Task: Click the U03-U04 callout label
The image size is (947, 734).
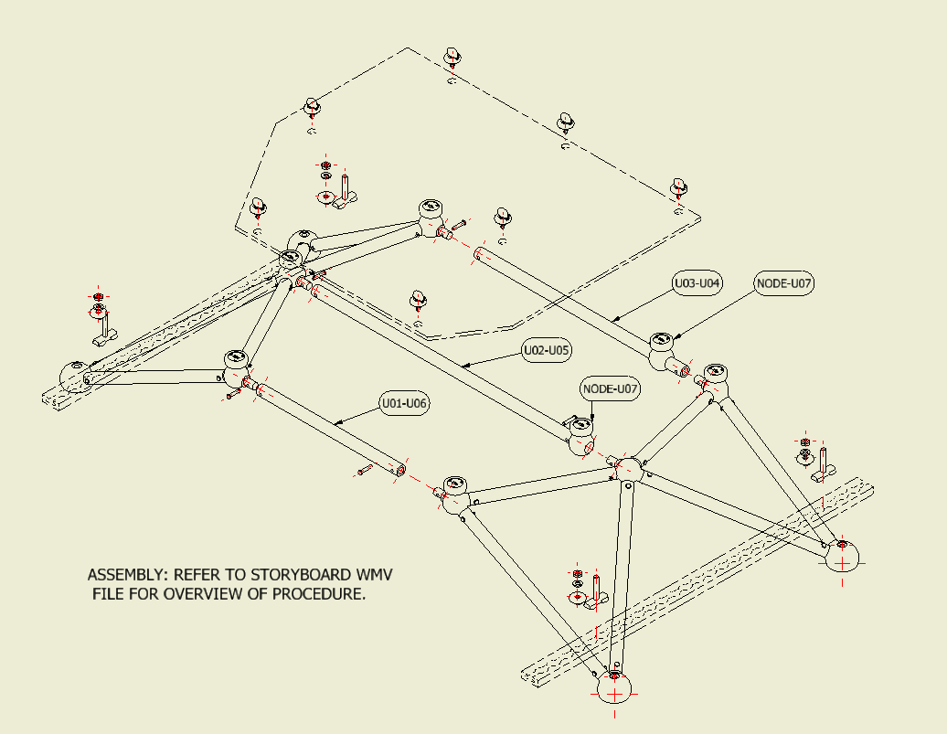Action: coord(697,283)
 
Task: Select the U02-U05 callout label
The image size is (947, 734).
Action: coord(547,350)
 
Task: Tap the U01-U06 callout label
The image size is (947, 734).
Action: coord(404,402)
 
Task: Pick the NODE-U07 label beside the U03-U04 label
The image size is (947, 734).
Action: coord(784,283)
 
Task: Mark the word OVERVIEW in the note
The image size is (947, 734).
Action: coord(178,594)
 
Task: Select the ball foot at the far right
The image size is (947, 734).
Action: coord(843,554)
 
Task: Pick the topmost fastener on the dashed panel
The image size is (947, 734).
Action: coord(452,58)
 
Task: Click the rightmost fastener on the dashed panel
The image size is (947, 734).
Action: coord(678,187)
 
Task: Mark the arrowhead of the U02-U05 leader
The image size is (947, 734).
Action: coord(463,365)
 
